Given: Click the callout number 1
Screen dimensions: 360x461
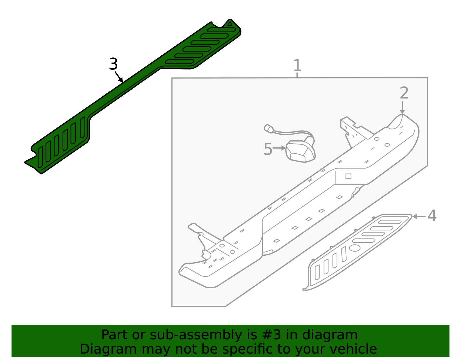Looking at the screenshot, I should tap(297, 65).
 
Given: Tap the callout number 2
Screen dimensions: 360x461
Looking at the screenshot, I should tap(404, 93).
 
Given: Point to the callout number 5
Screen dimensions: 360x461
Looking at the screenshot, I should tap(268, 149).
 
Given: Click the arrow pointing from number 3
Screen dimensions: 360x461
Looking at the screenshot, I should tap(119, 77).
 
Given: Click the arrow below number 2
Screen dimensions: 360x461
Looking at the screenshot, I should tap(402, 108).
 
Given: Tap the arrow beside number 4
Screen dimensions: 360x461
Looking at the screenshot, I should tap(419, 216).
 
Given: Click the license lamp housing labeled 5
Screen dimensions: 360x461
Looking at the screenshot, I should tap(300, 150).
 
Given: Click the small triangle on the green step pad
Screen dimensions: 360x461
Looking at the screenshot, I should tap(230, 24).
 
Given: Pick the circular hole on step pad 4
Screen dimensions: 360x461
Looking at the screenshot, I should tap(354, 248).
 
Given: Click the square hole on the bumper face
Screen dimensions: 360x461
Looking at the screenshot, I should tap(348, 176).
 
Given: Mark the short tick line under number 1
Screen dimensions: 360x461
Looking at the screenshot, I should tap(297, 75).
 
